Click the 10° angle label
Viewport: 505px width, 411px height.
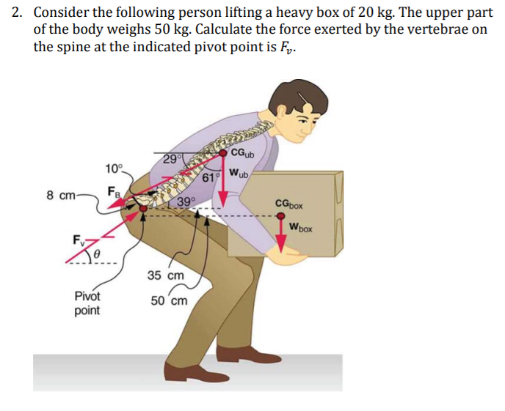click(x=115, y=169)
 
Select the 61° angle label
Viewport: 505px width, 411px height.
click(x=210, y=177)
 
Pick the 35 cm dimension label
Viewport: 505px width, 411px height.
click(x=165, y=275)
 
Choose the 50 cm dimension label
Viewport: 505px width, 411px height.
click(x=169, y=300)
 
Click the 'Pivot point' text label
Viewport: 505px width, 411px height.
click(x=87, y=303)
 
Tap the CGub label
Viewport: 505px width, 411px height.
click(x=242, y=154)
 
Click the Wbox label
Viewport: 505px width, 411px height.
click(x=299, y=228)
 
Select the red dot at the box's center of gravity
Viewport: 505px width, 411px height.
click(x=281, y=217)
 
